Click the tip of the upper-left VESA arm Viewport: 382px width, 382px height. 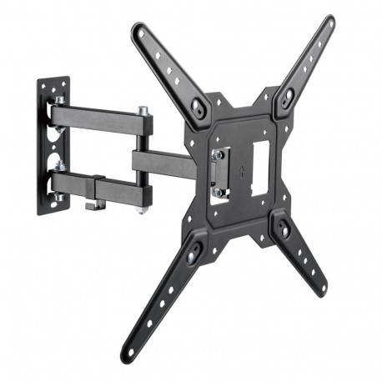138,30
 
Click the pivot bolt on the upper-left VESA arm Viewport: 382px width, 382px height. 199,108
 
